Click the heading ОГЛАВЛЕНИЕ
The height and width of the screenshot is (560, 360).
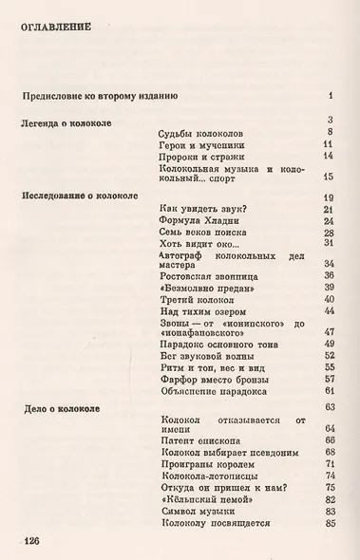(x=56, y=28)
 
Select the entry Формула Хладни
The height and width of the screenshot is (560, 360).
(x=199, y=220)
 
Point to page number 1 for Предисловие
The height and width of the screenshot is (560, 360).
(x=329, y=96)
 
